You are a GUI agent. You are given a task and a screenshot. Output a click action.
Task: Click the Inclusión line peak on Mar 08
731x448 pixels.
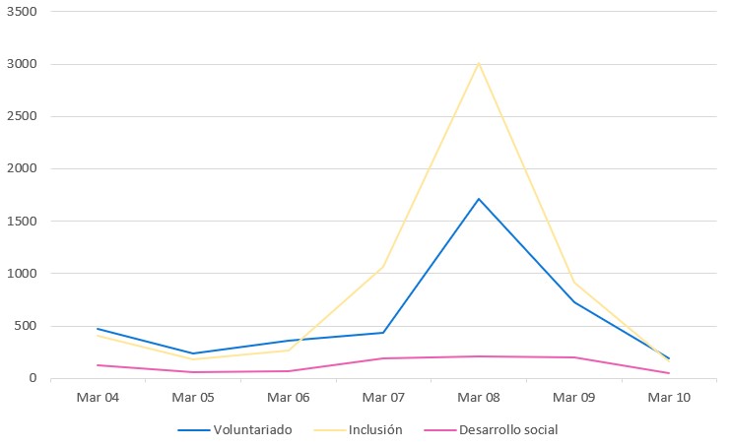coord(479,63)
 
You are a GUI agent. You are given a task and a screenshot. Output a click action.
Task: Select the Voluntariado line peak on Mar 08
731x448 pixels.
coord(479,199)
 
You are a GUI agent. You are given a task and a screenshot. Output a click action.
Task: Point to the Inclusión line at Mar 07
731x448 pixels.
coord(383,266)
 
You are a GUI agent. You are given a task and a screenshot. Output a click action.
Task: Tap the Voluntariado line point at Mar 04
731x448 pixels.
coord(97,329)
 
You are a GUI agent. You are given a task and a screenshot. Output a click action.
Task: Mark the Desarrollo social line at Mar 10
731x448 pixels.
coord(669,373)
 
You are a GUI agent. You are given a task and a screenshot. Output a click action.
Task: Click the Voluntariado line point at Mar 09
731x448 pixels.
coord(574,301)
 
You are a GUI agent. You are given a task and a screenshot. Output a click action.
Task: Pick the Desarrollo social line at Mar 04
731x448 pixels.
coord(97,365)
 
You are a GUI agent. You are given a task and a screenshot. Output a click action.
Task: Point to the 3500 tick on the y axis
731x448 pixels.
coord(21,12)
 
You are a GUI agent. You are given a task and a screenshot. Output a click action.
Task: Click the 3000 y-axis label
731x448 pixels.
coord(21,64)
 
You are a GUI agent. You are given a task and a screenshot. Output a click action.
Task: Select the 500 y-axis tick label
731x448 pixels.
coord(24,326)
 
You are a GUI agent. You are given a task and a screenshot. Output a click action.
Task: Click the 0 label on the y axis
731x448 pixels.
coord(33,378)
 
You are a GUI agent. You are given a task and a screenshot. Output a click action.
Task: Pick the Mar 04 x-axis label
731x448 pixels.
coord(97,398)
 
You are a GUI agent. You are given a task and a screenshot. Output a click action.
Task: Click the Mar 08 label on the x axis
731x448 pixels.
coord(479,398)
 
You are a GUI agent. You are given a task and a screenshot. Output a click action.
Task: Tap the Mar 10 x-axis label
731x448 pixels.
coord(669,398)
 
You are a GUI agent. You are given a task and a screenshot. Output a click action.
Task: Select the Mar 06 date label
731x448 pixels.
coord(288,398)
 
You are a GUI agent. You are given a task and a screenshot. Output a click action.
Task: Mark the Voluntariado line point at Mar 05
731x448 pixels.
coord(192,353)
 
